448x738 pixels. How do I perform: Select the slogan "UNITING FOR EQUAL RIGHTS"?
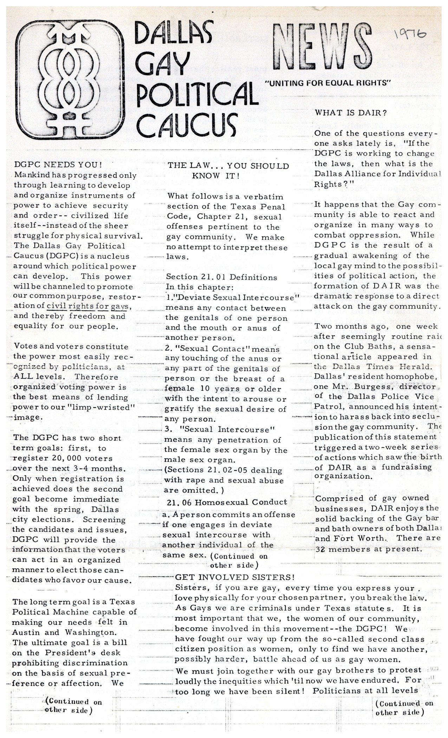tap(327, 83)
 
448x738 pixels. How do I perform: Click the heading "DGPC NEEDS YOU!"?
tap(58, 164)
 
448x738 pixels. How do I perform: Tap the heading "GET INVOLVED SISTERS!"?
tap(234, 577)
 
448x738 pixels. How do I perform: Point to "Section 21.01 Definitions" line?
tap(221, 277)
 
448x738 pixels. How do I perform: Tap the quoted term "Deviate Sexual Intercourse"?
tap(234, 297)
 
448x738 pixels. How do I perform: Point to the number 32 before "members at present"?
tap(319, 549)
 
